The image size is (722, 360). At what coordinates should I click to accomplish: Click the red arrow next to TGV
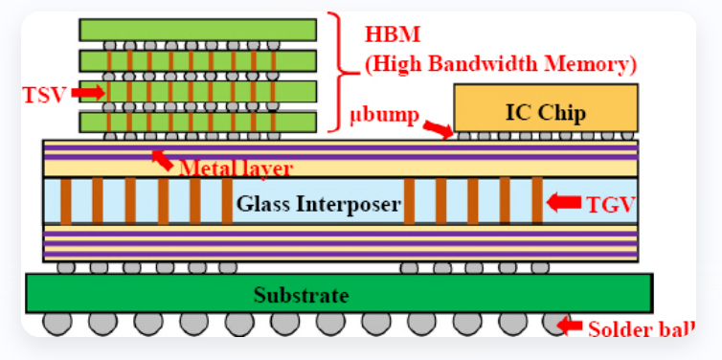565,202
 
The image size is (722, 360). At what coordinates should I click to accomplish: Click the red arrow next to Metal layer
163,159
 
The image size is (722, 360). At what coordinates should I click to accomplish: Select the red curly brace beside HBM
336,71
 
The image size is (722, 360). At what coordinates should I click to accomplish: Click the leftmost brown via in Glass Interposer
66,201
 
